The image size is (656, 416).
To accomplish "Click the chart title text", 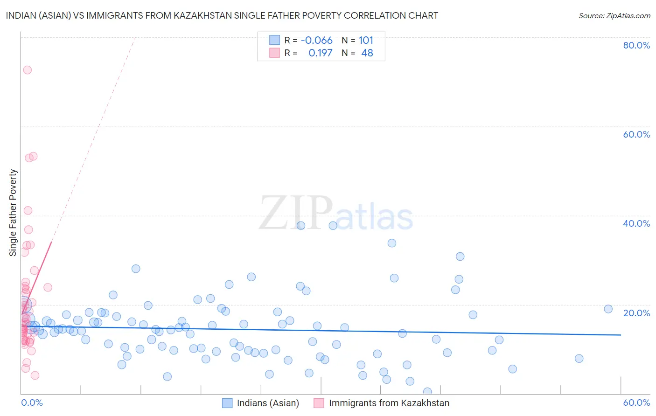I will coord(222,15).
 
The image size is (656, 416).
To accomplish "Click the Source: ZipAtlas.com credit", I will coord(614,15).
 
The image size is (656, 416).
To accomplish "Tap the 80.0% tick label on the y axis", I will coord(636,45).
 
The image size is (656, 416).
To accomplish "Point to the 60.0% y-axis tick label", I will coord(636,134).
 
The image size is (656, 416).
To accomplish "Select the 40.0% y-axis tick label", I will coord(636,223).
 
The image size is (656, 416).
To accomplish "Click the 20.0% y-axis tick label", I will coord(636,313).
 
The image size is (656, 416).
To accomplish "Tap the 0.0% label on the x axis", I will coord(32,402).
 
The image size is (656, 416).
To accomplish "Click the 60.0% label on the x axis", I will coord(636,402).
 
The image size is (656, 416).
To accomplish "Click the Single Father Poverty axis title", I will coord(13,213).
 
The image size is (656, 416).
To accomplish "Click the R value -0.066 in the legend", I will coord(316,41).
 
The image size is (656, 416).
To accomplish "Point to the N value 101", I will coord(366,41).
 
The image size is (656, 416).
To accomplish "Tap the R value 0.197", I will coord(320,53).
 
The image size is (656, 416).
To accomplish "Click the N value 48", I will coord(367,53).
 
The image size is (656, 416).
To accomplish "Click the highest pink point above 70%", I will coord(27,70).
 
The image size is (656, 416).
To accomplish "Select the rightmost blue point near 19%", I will coord(608,309).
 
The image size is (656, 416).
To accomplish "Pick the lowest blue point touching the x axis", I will coord(427,391).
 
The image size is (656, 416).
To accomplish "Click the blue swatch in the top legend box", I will coord(274,40).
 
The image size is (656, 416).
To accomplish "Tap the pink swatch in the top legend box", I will coord(274,53).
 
